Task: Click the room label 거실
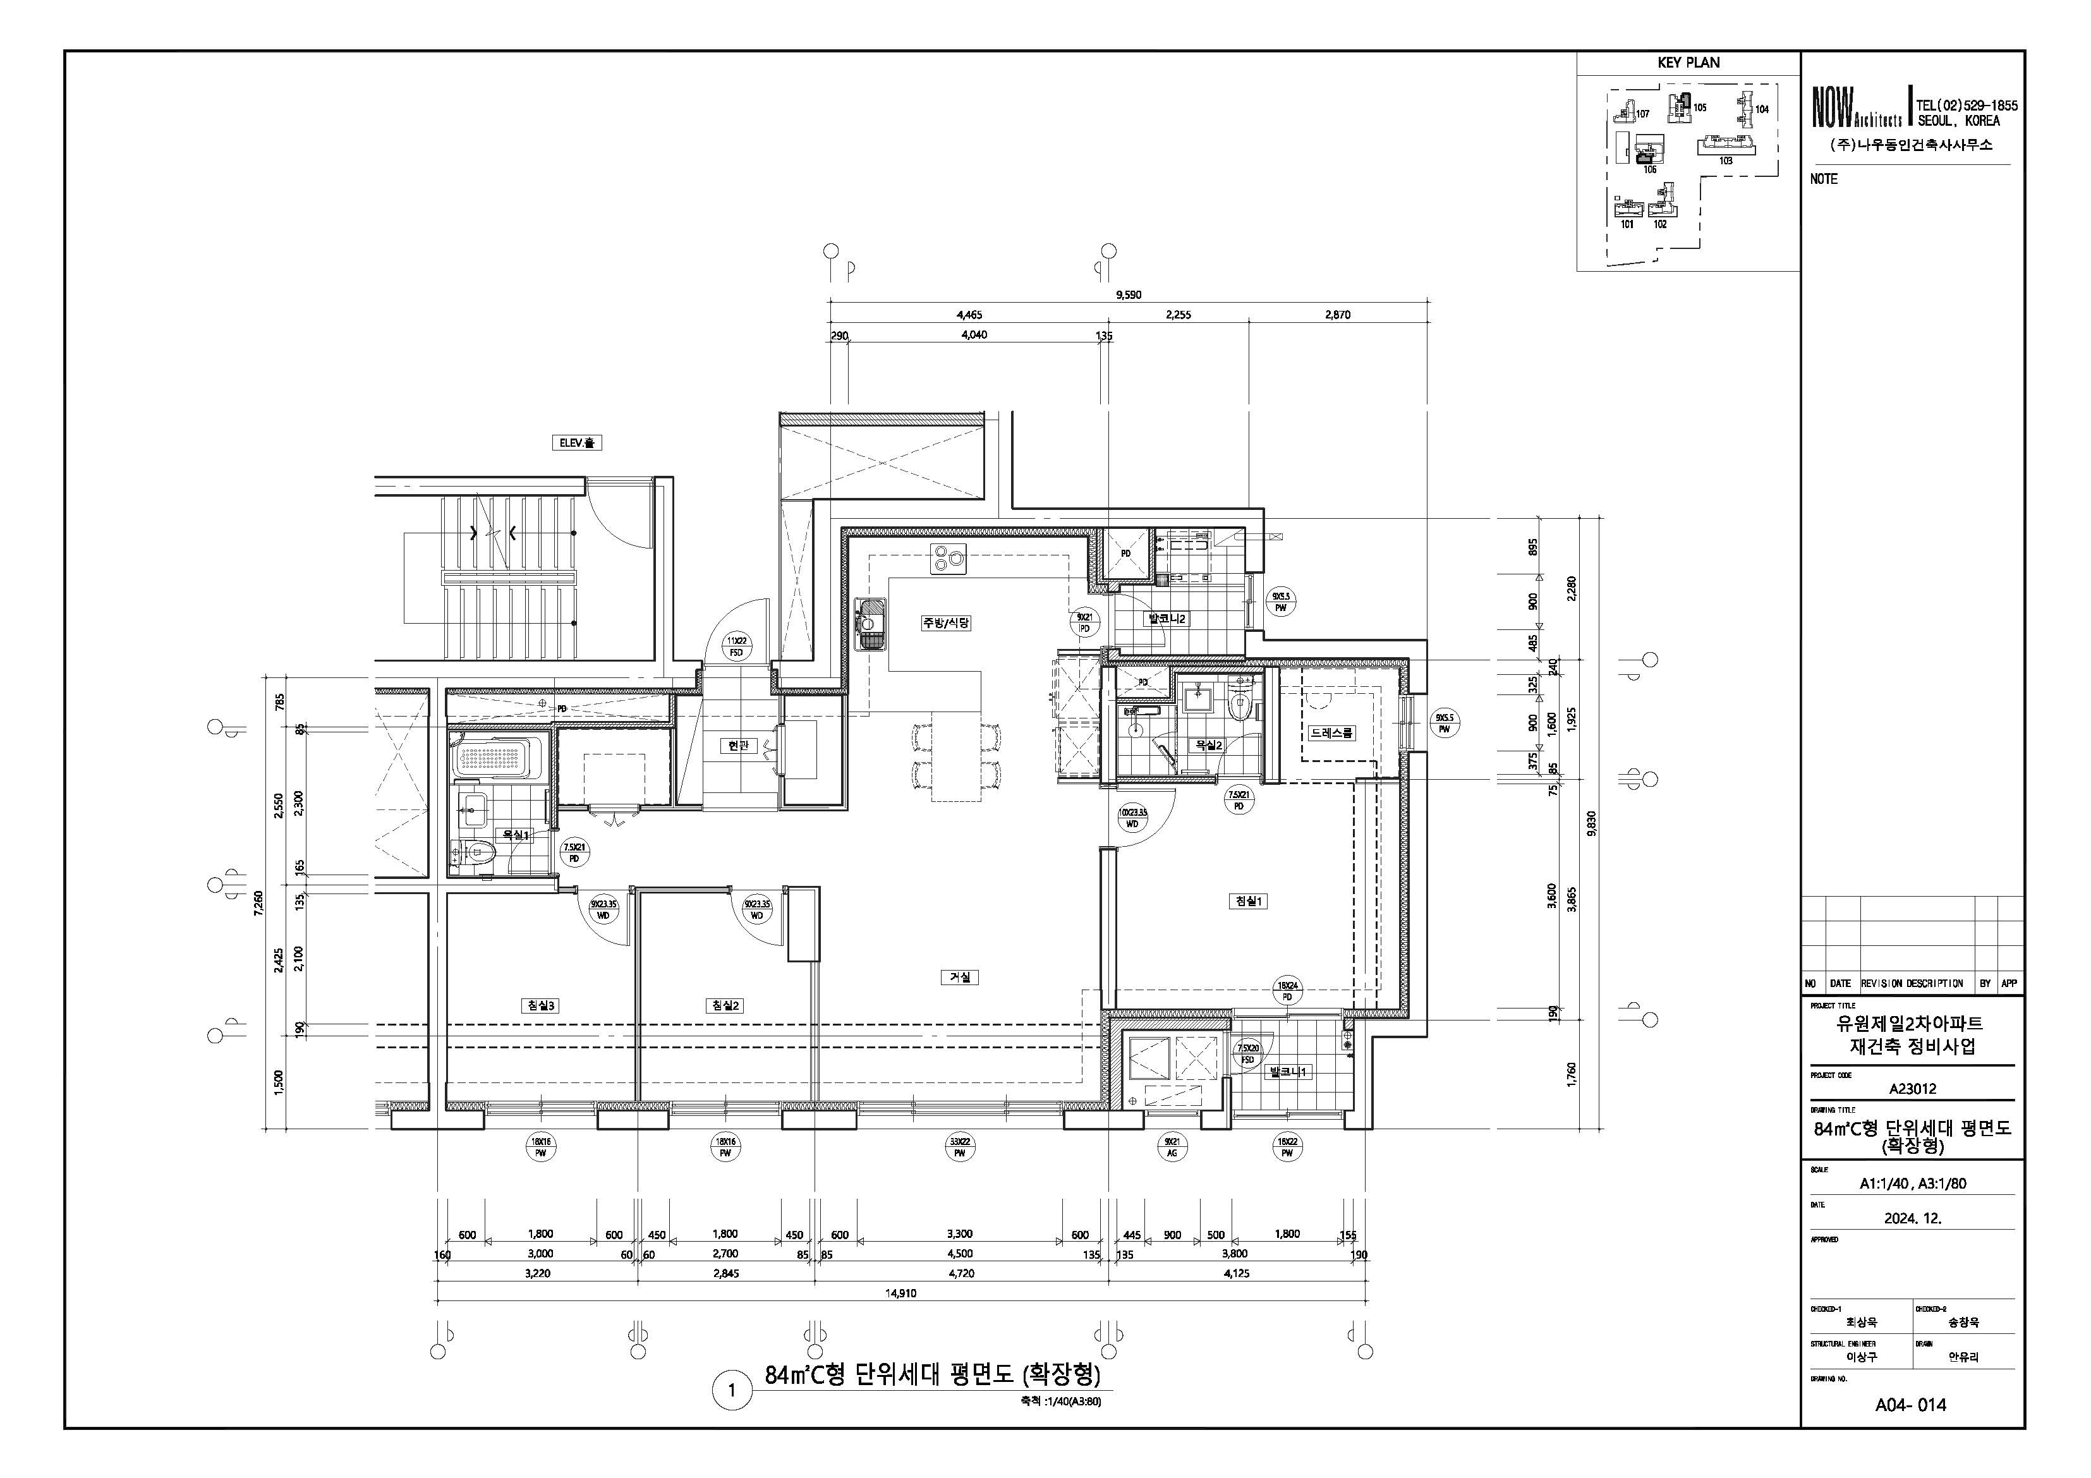959,977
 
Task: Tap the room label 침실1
1247,900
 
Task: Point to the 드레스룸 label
1331,733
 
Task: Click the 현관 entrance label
737,745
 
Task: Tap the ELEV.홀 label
576,442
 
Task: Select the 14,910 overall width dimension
900,1293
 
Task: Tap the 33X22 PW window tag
959,1146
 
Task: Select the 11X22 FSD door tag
736,646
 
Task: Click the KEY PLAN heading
1688,63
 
